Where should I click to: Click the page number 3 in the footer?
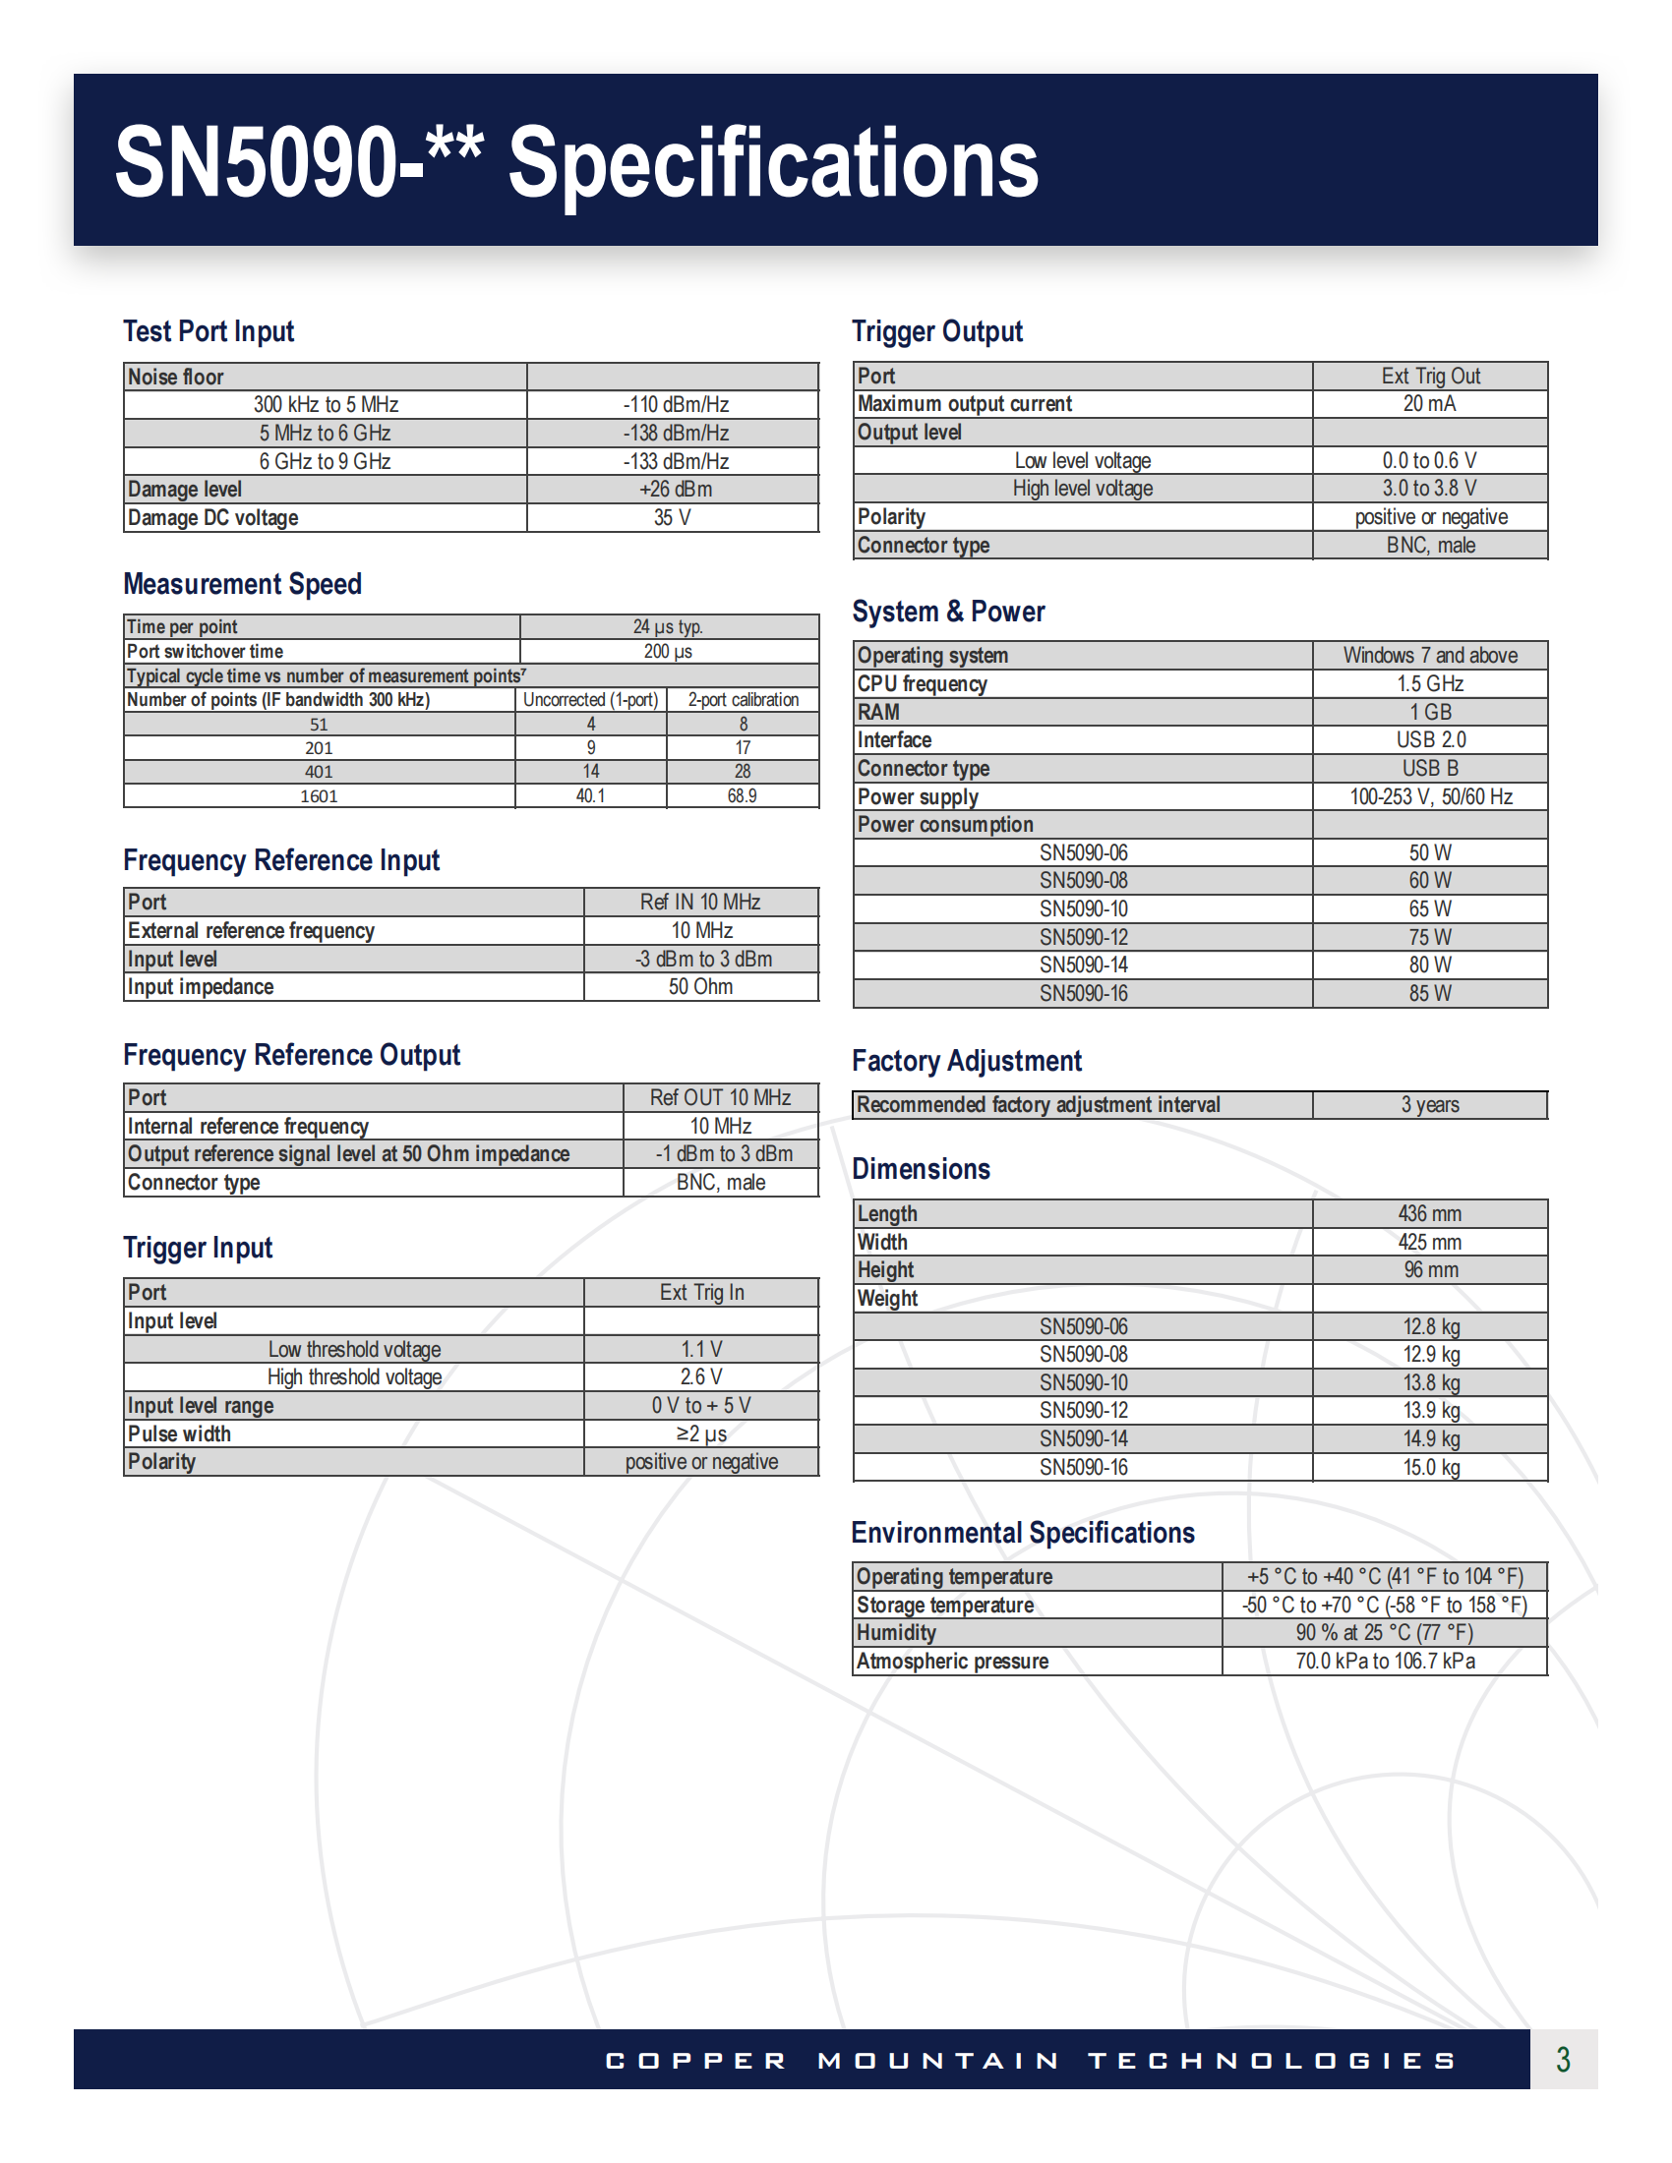1563,2060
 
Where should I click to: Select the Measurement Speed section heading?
242,584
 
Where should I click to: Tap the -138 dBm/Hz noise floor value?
676,433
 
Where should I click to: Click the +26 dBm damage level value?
676,490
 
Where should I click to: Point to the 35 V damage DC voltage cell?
673,518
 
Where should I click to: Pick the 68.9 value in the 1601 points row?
742,796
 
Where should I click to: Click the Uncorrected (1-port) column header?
590,700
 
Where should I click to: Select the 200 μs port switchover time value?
669,652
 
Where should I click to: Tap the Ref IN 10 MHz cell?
700,903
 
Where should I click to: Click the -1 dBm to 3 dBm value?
723,1154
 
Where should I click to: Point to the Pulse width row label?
179,1434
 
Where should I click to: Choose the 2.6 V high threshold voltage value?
701,1377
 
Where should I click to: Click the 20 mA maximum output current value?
1429,404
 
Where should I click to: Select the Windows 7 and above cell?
1429,656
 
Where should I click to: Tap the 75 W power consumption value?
1429,937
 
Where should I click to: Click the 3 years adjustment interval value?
1429,1105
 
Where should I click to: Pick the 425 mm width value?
1429,1242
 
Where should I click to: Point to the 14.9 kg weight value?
1430,1439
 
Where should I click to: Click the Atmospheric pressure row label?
952,1662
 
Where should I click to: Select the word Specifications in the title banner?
773,163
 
